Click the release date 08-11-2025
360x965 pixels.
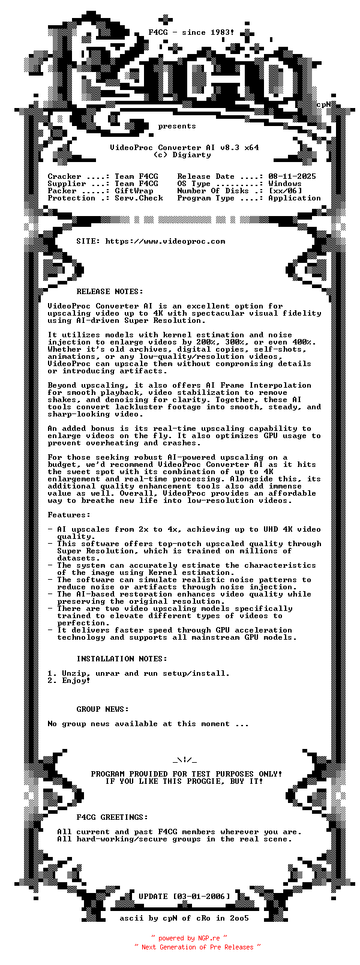point(292,176)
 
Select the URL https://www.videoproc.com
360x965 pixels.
point(165,241)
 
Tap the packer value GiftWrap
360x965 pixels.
point(134,191)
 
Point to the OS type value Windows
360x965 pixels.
point(285,184)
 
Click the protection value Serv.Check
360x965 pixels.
point(139,198)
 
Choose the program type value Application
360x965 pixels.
point(295,198)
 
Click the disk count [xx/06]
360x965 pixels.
point(285,191)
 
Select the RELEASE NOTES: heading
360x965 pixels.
point(110,292)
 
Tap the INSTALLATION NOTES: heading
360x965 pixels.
point(122,659)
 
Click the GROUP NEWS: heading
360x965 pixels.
point(103,709)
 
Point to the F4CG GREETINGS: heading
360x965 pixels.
point(112,817)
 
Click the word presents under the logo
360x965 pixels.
point(177,126)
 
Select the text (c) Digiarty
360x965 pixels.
point(182,155)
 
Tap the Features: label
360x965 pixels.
point(69,515)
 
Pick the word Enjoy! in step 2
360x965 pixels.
point(76,681)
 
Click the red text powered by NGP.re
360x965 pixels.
point(190,938)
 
